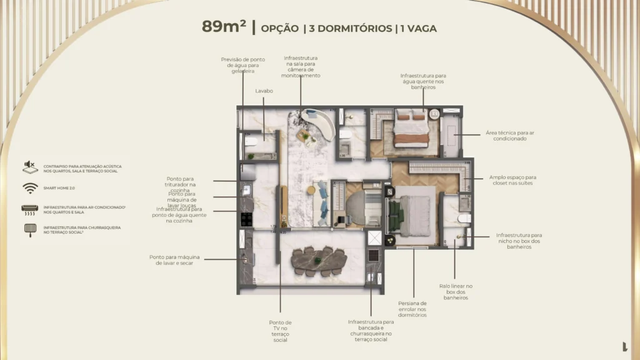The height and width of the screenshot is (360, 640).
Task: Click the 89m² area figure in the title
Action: coord(224,27)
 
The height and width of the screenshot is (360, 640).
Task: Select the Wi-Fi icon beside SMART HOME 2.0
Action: coord(29,187)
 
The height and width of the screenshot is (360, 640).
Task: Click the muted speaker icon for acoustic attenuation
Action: coord(29,166)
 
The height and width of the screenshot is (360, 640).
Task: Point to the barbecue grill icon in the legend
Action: coord(29,229)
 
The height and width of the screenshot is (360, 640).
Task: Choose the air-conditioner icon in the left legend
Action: coord(29,209)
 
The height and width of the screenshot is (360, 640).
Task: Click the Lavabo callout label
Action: coord(264,91)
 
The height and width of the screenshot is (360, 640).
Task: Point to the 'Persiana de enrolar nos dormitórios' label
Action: coord(412,309)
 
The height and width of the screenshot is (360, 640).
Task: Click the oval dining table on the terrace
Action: coord(319,257)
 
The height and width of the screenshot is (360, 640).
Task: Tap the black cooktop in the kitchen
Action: coord(246,219)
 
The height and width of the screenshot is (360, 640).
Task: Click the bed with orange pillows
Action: coord(411,129)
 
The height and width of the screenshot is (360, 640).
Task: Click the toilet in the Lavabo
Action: coord(251,142)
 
